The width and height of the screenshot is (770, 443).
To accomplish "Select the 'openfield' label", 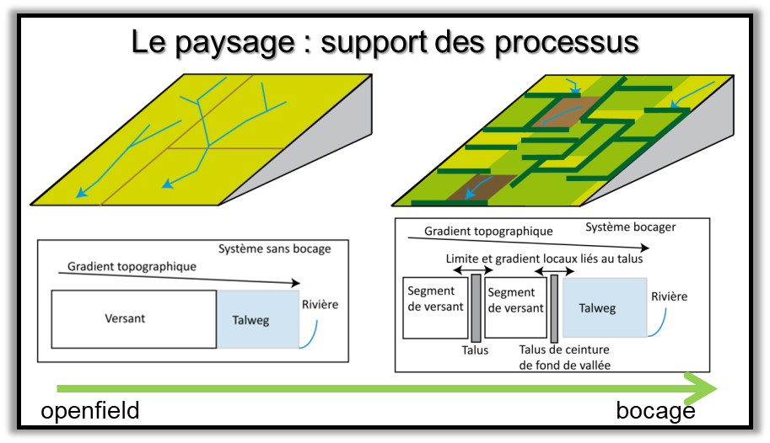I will point(90,411).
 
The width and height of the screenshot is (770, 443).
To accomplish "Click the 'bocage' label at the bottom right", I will point(655,411).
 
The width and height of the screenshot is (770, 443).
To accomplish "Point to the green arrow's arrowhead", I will point(702,388).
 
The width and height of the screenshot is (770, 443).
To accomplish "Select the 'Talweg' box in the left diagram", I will point(257,319).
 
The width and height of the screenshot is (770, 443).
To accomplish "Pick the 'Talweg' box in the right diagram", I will point(604,308).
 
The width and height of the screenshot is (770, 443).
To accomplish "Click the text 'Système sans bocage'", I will point(275,248).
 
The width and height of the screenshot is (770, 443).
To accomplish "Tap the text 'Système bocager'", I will point(631,227).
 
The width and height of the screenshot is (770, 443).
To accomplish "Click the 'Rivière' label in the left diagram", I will point(320,304).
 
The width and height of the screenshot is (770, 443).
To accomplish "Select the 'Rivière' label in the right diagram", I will point(669,296).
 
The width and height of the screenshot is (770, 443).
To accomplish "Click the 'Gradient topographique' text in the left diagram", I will point(132,266).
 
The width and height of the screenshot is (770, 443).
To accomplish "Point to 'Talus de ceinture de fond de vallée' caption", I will point(563,357).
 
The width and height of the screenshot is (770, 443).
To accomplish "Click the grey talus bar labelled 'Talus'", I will point(476,307).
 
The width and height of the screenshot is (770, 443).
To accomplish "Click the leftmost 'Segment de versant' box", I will point(434,307).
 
